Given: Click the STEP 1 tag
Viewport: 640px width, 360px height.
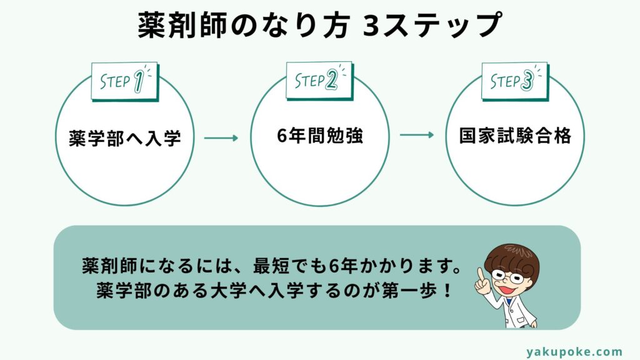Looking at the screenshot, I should point(124,81).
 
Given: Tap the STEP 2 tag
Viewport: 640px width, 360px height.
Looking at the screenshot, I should point(319,80).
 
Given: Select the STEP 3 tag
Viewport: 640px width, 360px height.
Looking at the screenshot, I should point(514,81).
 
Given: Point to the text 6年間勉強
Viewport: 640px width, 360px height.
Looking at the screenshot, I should point(320,136).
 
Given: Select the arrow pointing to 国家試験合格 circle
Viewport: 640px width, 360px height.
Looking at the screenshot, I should point(416,135).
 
